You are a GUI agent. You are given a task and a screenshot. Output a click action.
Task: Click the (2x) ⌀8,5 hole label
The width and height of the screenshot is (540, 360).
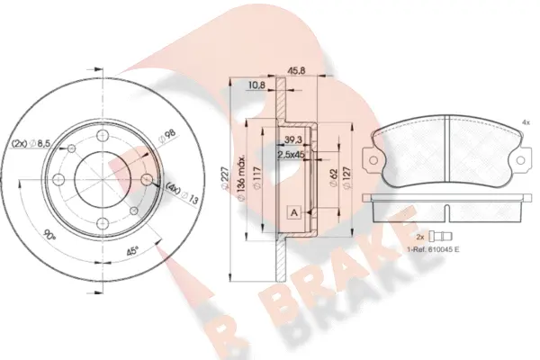[x=31, y=143]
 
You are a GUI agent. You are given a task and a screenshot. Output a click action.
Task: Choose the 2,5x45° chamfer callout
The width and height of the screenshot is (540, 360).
[x=292, y=155]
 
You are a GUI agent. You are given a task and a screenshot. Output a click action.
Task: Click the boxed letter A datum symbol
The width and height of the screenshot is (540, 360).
[x=293, y=212]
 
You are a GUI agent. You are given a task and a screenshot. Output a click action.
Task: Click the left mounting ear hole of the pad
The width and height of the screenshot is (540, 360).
[x=369, y=160]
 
